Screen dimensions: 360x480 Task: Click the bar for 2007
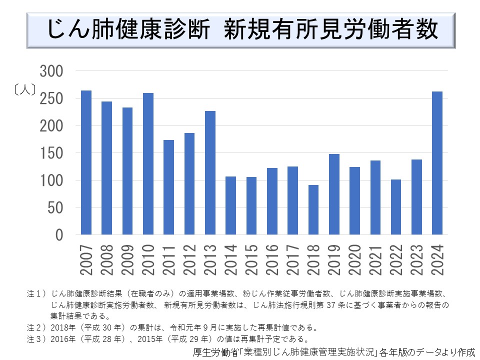(x=86, y=162)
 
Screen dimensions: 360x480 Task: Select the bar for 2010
(x=148, y=163)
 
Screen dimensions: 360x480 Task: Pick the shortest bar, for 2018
(x=313, y=209)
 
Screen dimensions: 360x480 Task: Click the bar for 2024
(x=437, y=163)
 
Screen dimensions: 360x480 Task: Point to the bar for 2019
(x=334, y=194)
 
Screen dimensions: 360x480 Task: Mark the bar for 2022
(x=396, y=206)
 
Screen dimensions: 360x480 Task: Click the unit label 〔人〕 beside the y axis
(x=24, y=90)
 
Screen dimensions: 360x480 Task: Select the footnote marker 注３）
(x=37, y=339)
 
